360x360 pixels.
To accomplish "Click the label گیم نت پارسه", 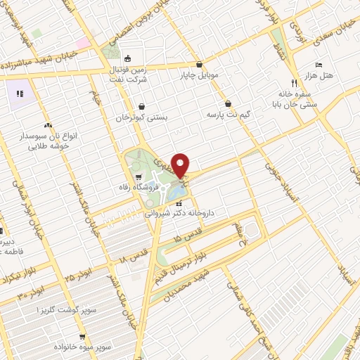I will [229, 112].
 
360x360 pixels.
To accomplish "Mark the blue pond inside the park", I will [176, 189].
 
